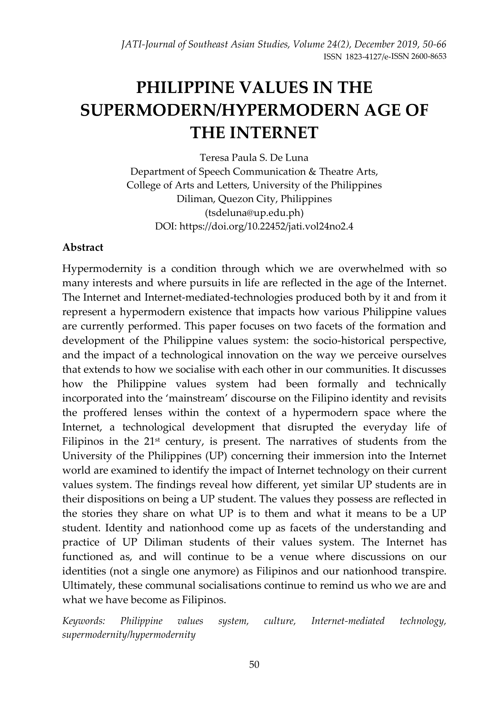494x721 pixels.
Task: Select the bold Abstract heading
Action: [83, 247]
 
